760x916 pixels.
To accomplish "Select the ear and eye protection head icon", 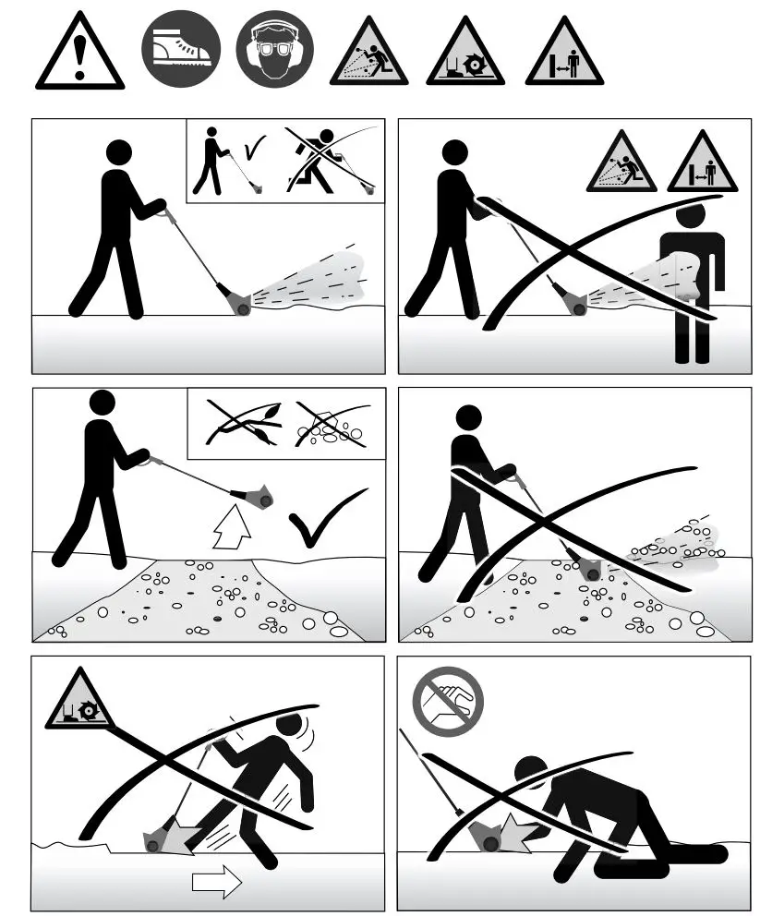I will tap(274, 50).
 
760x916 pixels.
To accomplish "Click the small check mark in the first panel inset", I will tap(253, 148).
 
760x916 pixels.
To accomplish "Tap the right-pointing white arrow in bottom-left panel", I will tap(215, 882).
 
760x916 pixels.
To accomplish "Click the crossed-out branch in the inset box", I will tap(238, 423).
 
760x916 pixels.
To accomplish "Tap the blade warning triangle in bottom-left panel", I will tap(80, 706).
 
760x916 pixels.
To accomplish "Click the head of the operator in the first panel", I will tap(118, 153).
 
